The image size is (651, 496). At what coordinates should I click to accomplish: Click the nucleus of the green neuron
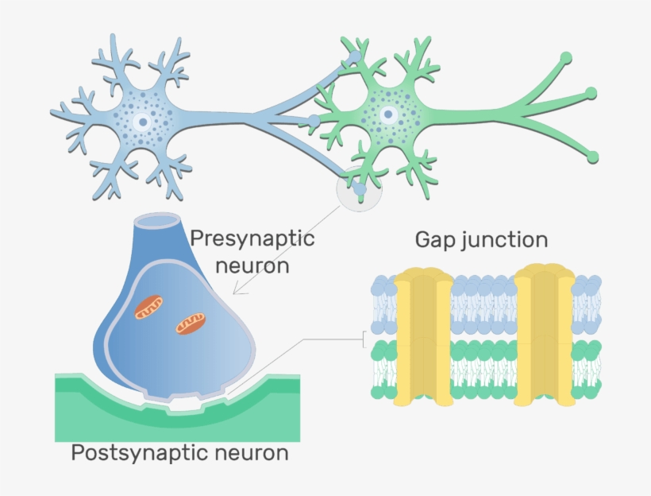(x=388, y=114)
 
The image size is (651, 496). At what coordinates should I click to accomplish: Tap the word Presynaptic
(x=252, y=238)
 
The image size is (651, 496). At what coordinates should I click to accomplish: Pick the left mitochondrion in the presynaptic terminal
(x=148, y=308)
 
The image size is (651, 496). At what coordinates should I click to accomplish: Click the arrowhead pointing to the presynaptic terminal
(x=238, y=291)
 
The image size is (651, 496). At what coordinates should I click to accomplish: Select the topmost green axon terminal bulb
(x=566, y=57)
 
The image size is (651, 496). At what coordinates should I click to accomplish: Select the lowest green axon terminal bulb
(x=592, y=157)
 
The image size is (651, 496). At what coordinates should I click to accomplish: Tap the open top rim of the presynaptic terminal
(x=165, y=219)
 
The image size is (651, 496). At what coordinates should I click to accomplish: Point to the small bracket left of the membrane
(x=365, y=340)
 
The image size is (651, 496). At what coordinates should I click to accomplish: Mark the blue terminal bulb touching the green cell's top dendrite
(x=353, y=59)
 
